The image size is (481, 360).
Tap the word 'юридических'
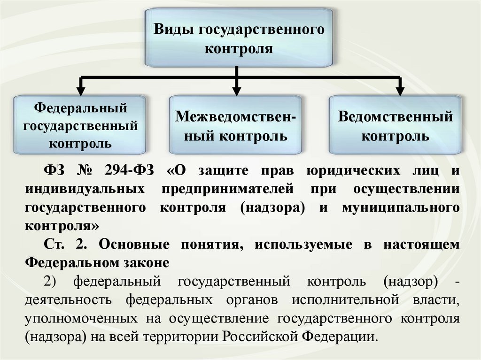(348, 170)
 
